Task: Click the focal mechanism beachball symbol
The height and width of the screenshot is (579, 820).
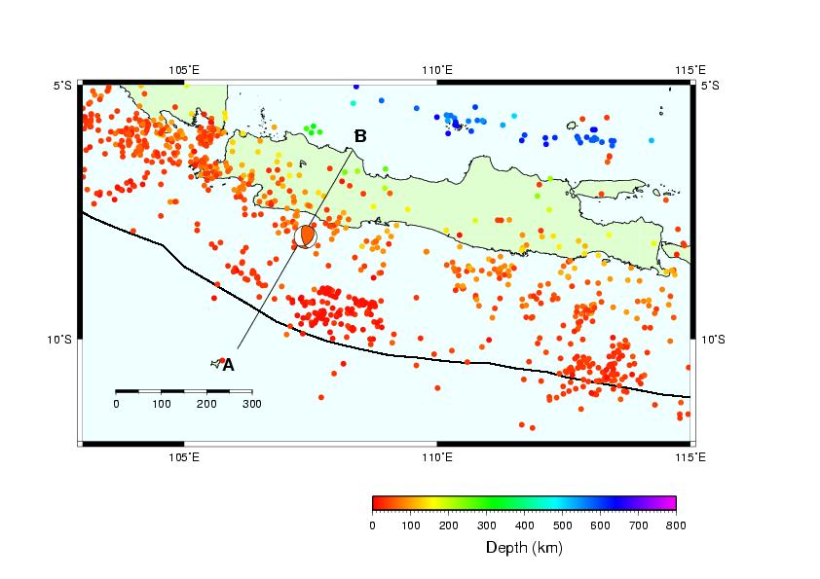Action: click(x=306, y=236)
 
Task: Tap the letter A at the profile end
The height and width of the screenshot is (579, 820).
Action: click(x=229, y=365)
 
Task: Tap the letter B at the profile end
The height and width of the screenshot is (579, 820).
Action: click(x=360, y=136)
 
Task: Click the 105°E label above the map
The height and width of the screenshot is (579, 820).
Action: click(x=183, y=70)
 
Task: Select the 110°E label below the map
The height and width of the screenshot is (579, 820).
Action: click(x=437, y=457)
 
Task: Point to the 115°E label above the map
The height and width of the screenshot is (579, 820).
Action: click(x=690, y=70)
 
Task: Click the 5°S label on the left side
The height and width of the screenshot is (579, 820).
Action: click(x=62, y=86)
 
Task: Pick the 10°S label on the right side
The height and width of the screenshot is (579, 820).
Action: click(x=713, y=340)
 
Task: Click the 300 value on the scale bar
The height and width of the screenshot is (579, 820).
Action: click(x=252, y=404)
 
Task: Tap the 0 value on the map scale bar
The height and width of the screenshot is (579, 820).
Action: click(x=116, y=404)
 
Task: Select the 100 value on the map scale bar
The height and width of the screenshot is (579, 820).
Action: click(x=162, y=404)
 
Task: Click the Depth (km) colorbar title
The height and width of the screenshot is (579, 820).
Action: click(x=524, y=548)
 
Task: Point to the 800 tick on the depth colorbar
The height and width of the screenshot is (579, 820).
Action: click(x=676, y=525)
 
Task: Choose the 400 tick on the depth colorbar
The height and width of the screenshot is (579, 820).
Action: click(x=525, y=525)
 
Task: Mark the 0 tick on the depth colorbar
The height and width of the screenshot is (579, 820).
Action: click(x=372, y=525)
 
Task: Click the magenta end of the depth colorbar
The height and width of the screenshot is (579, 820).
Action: click(x=671, y=503)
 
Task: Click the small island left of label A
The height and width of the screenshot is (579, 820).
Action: click(x=215, y=363)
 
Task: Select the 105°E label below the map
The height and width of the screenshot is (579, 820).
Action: click(x=183, y=457)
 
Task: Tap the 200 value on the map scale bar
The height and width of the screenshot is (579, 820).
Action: click(x=206, y=404)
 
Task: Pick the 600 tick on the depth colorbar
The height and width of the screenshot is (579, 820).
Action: click(x=600, y=525)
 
